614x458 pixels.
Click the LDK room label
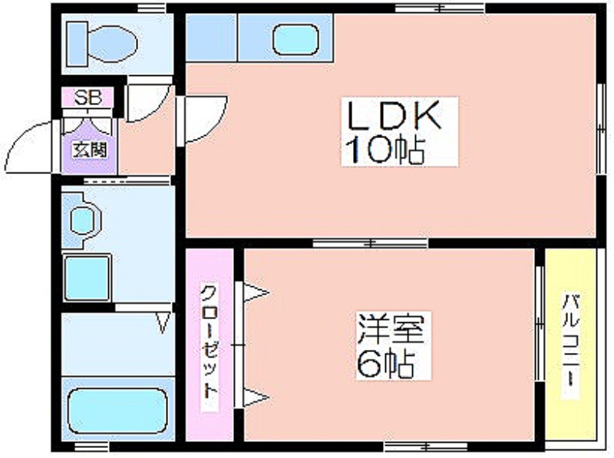(x=394, y=117)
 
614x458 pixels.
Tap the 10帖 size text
(x=385, y=150)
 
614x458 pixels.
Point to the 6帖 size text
(x=386, y=364)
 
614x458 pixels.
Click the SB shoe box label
(x=88, y=97)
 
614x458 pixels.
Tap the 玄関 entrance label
(x=91, y=149)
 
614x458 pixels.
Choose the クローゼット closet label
(x=209, y=341)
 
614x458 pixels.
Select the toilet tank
(x=78, y=44)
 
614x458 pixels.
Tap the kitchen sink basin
(x=295, y=40)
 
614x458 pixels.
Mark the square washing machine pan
(x=87, y=278)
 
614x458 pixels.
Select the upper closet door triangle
(x=256, y=292)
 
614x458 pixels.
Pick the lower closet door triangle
(x=256, y=397)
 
